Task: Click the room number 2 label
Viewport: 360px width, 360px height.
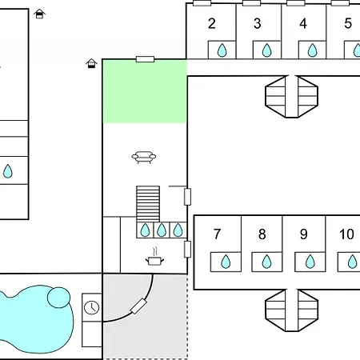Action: (212, 24)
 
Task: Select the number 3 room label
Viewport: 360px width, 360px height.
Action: (258, 24)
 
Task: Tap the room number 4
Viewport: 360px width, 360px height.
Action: (303, 24)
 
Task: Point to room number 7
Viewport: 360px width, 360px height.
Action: (217, 234)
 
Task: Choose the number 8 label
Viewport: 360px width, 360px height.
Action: (262, 234)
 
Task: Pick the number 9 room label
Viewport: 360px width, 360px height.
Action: (304, 234)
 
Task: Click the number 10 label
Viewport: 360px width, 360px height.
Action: (346, 234)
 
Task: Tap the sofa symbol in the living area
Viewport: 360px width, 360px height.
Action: (144, 157)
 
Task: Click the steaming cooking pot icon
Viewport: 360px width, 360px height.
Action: (154, 257)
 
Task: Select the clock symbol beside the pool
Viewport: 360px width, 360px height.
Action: (92, 307)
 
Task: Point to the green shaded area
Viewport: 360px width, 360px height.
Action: (145, 91)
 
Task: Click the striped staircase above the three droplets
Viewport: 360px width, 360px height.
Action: (148, 204)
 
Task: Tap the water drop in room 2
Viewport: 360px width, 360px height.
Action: (222, 50)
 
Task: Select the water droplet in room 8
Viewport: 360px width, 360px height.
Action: (266, 262)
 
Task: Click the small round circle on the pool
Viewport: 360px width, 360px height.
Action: (58, 298)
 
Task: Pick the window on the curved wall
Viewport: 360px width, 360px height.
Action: (138, 306)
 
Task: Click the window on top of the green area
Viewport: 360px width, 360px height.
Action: (145, 59)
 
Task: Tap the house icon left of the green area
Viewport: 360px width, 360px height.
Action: (91, 63)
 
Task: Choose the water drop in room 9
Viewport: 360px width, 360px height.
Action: (310, 262)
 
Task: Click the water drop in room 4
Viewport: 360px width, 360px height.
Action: (313, 50)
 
